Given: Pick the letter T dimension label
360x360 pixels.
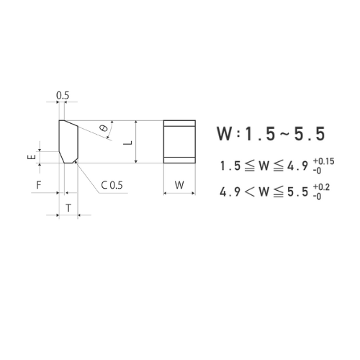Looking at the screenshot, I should click(x=68, y=207).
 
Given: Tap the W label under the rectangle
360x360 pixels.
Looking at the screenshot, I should click(x=180, y=185).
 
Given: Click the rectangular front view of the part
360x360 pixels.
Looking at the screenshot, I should click(x=179, y=142).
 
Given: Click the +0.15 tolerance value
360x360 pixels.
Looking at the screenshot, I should click(x=324, y=161).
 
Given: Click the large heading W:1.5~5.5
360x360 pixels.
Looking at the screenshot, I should click(x=271, y=134).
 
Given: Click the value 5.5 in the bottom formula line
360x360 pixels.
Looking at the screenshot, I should click(x=300, y=192).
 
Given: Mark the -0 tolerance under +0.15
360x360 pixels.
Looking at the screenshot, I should click(x=318, y=171).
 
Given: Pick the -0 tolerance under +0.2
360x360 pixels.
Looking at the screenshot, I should click(x=318, y=196).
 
